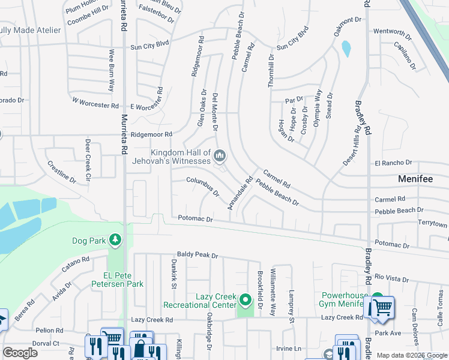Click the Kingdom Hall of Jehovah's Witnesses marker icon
(x=220, y=157)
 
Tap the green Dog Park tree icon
(x=115, y=241)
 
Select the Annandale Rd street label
(x=240, y=193)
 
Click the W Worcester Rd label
(x=95, y=103)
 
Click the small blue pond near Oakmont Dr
(x=345, y=49)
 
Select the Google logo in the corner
(x=20, y=353)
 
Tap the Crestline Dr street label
(x=61, y=171)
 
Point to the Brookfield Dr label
(x=260, y=294)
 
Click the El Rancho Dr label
(x=393, y=163)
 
